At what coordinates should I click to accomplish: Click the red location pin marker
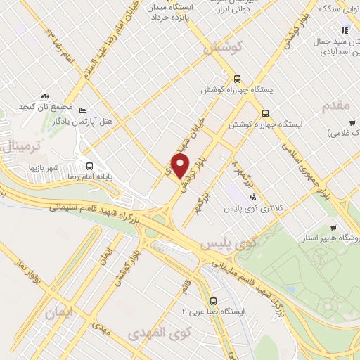(181, 166)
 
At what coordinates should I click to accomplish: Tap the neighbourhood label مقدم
(334, 105)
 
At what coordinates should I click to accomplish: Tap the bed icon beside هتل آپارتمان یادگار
(83, 110)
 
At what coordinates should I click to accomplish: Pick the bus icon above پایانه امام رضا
(89, 166)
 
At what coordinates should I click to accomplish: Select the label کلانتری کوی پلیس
(250, 209)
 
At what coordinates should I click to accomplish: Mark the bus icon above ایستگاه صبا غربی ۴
(214, 298)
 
